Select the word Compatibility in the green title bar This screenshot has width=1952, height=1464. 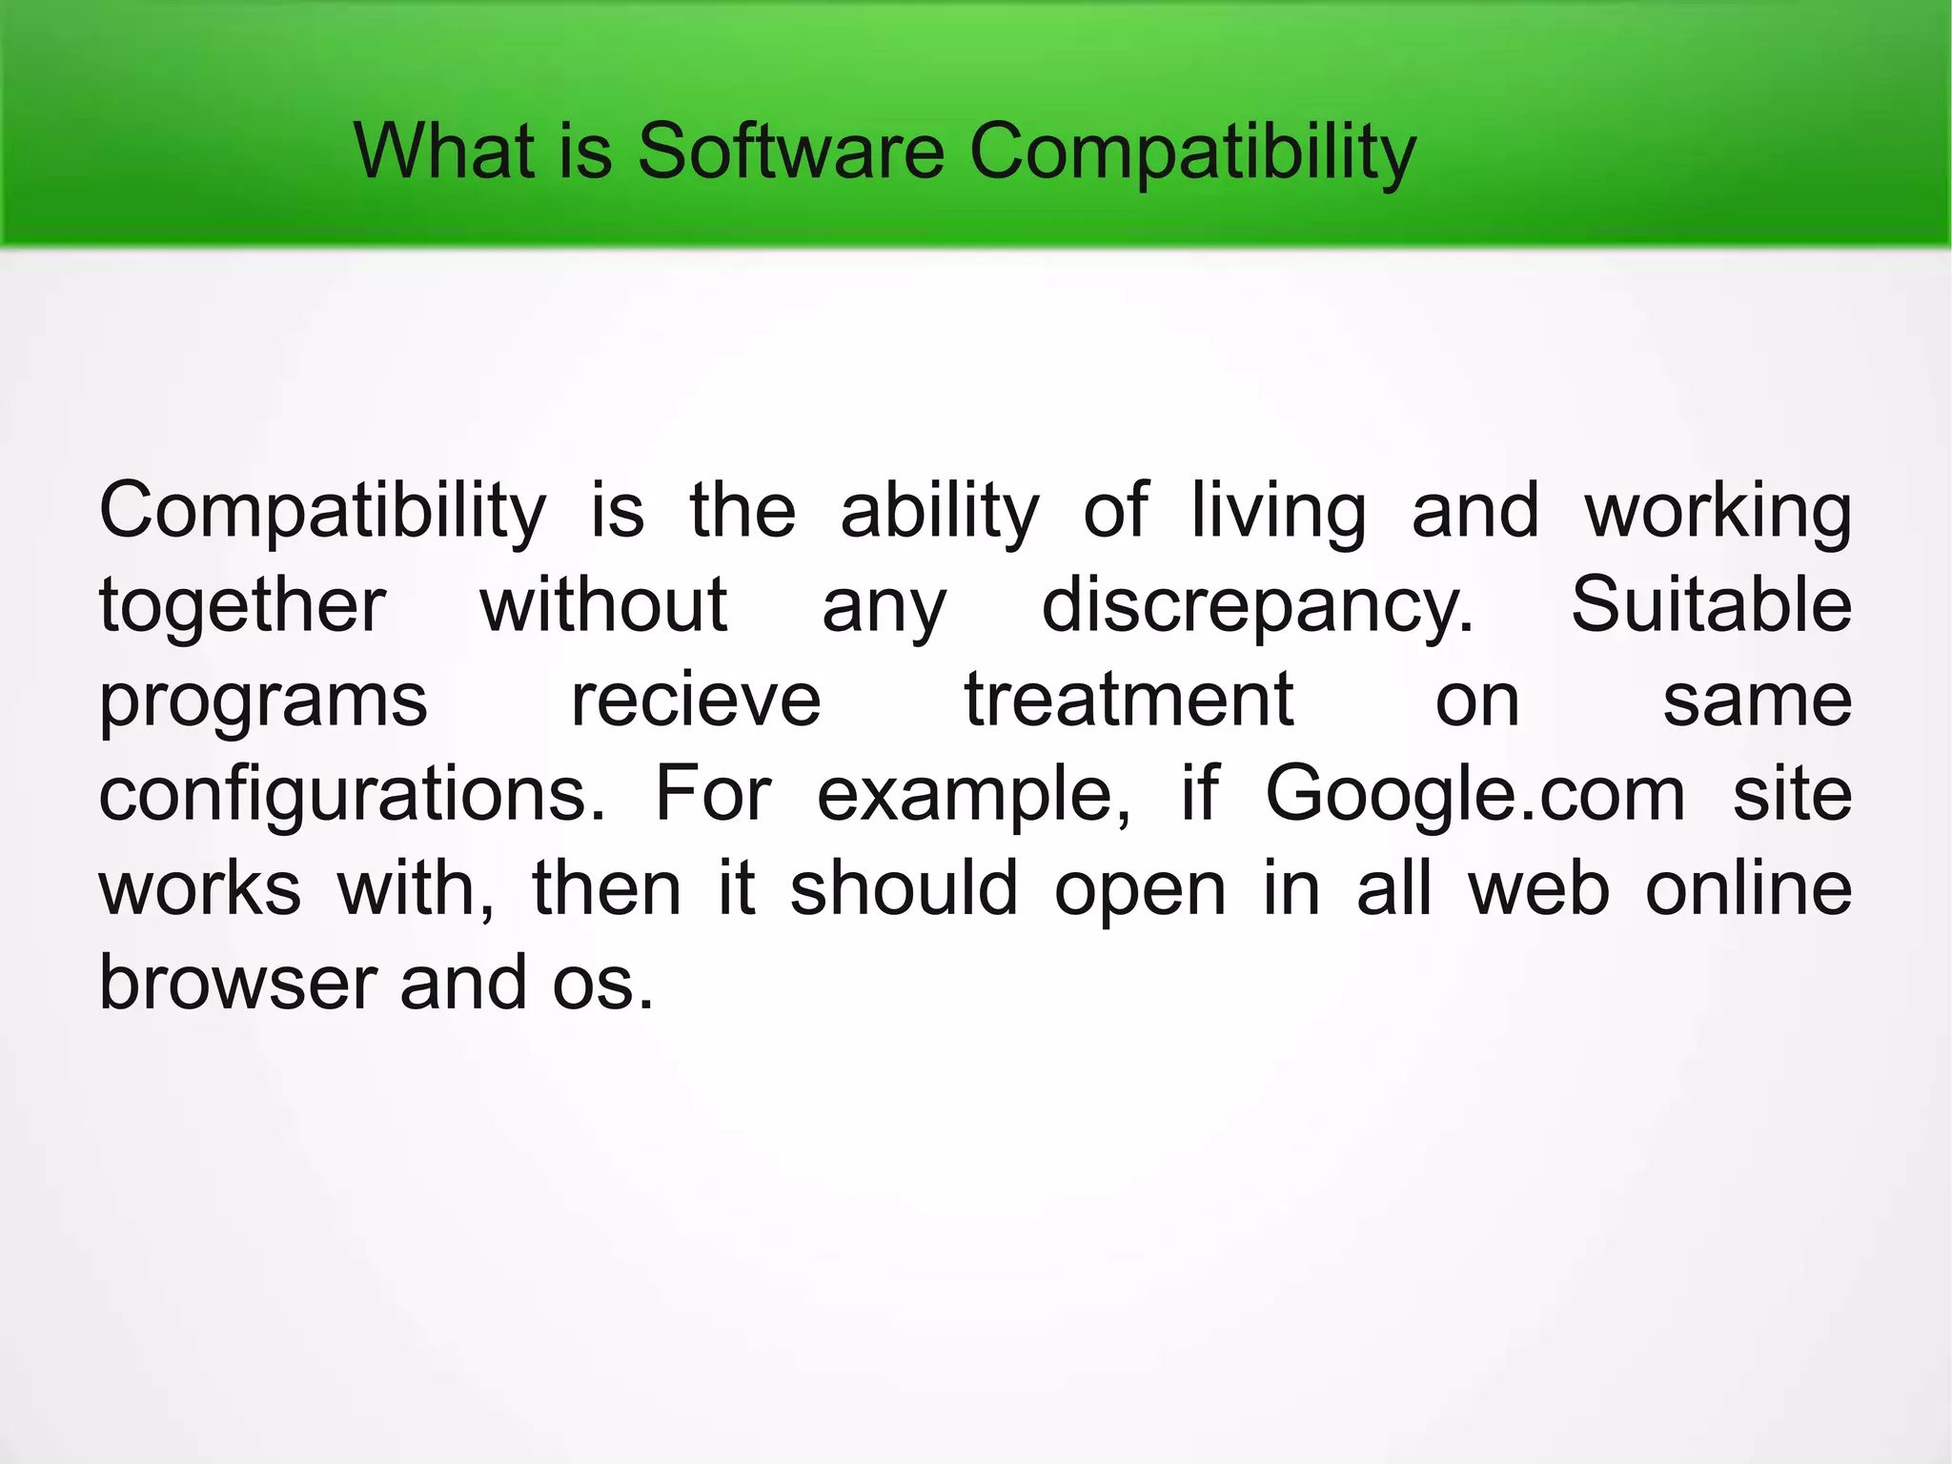pyautogui.click(x=1192, y=152)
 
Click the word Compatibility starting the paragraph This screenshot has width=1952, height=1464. pyautogui.click(x=322, y=513)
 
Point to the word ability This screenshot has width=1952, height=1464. pyautogui.click(x=939, y=513)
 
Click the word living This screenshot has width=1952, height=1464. pyautogui.click(x=1278, y=513)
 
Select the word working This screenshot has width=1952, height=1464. pyautogui.click(x=1718, y=513)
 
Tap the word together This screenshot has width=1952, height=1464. pyautogui.click(x=242, y=606)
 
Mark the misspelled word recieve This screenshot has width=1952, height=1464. pyautogui.click(x=696, y=700)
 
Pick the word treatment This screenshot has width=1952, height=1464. pyautogui.click(x=1128, y=700)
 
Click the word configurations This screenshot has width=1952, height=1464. pyautogui.click(x=352, y=795)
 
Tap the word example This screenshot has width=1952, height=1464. pyautogui.click(x=973, y=795)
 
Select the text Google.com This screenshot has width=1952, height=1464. pyautogui.click(x=1474, y=795)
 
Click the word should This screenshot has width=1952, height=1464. pyautogui.click(x=904, y=888)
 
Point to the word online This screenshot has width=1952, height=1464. pyautogui.click(x=1749, y=888)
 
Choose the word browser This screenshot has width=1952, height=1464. pyautogui.click(x=238, y=983)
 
